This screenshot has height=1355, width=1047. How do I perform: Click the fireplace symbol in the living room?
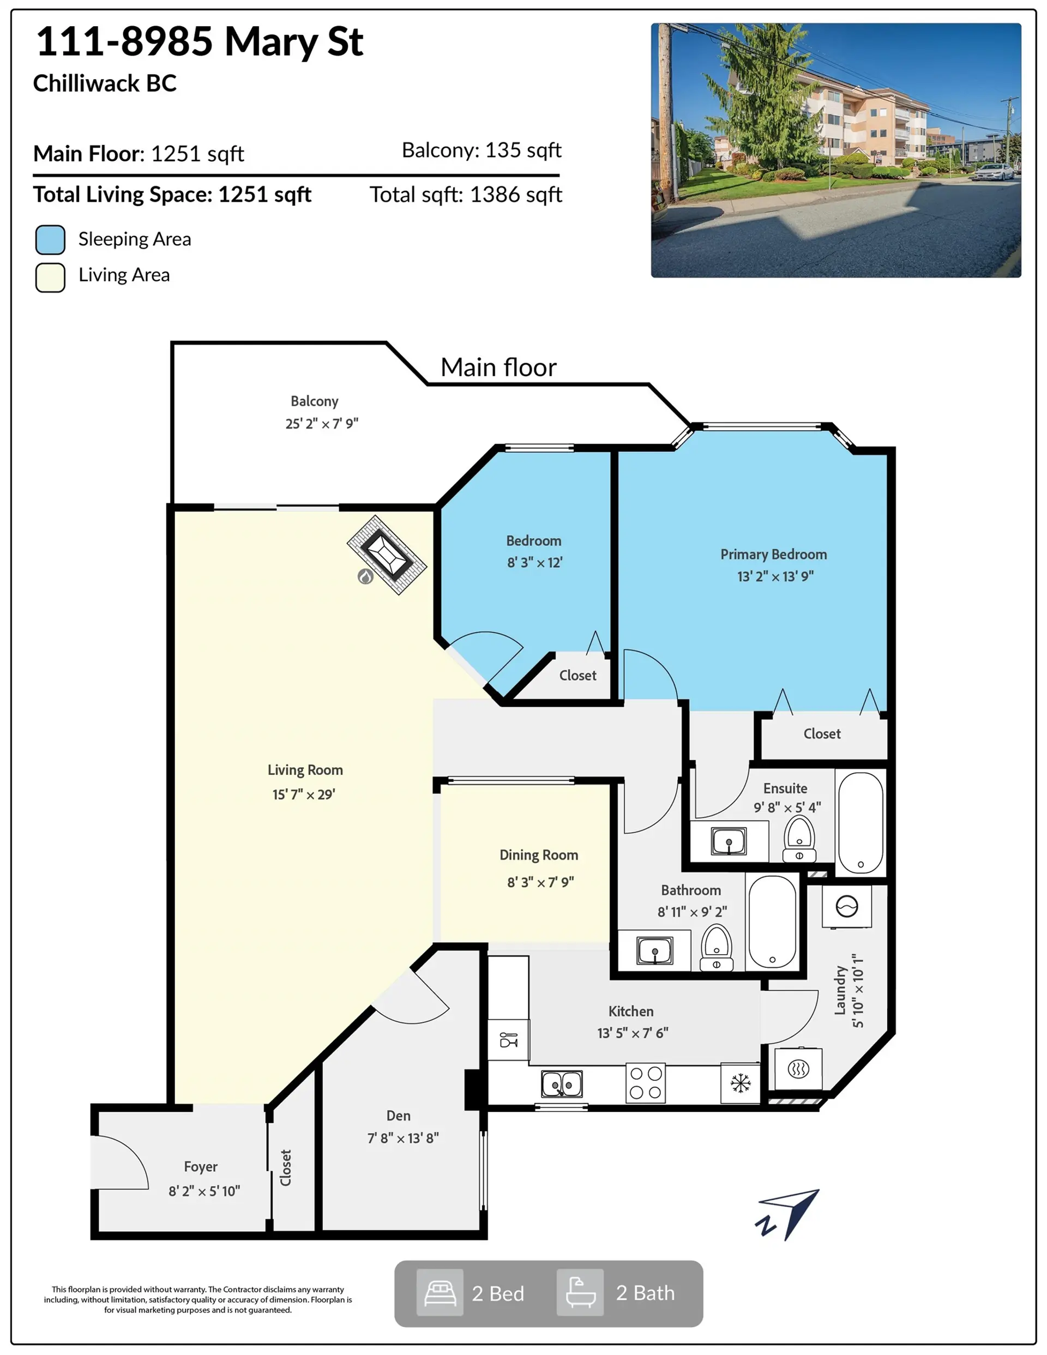click(x=386, y=555)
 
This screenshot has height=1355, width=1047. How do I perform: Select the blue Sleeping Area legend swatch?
click(x=50, y=239)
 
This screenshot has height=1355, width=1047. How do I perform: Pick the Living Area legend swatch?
click(x=50, y=278)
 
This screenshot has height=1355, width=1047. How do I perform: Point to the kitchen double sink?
click(x=562, y=1084)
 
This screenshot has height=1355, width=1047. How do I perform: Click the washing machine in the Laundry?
click(x=846, y=906)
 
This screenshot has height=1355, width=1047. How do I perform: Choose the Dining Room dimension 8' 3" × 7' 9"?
click(x=540, y=882)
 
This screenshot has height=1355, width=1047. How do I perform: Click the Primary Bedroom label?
click(x=773, y=554)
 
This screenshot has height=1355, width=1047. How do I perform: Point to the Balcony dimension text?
click(x=322, y=423)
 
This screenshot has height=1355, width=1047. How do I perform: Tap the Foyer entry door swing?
click(x=121, y=1161)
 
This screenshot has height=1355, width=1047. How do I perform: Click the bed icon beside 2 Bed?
click(x=440, y=1293)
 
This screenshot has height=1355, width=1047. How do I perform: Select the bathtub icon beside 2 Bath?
click(x=580, y=1293)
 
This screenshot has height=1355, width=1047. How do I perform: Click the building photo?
click(x=835, y=150)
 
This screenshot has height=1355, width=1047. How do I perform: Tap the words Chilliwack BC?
click(x=105, y=83)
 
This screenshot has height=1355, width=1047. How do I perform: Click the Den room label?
click(x=399, y=1116)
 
